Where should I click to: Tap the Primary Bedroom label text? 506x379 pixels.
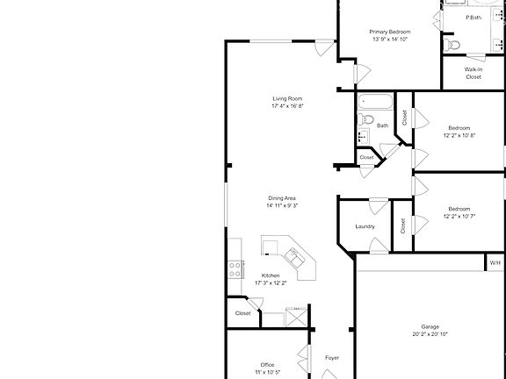tap(390, 32)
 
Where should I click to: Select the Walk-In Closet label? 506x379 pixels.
tap(473, 73)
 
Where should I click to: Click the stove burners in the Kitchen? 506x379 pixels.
tap(235, 269)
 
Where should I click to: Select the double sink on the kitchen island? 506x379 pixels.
tap(296, 257)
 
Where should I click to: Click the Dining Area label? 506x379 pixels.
tap(283, 198)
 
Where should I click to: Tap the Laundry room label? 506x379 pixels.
tap(365, 226)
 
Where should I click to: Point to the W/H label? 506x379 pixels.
tap(495, 262)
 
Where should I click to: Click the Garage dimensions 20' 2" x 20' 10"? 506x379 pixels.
tap(430, 334)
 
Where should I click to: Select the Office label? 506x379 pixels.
tap(267, 365)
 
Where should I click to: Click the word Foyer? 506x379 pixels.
tap(332, 358)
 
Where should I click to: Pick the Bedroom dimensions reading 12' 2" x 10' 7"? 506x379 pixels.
tap(459, 216)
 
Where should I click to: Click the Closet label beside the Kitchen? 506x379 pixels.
tap(243, 313)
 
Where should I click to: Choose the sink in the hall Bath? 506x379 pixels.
tap(362, 137)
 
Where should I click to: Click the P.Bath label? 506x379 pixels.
tap(473, 18)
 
